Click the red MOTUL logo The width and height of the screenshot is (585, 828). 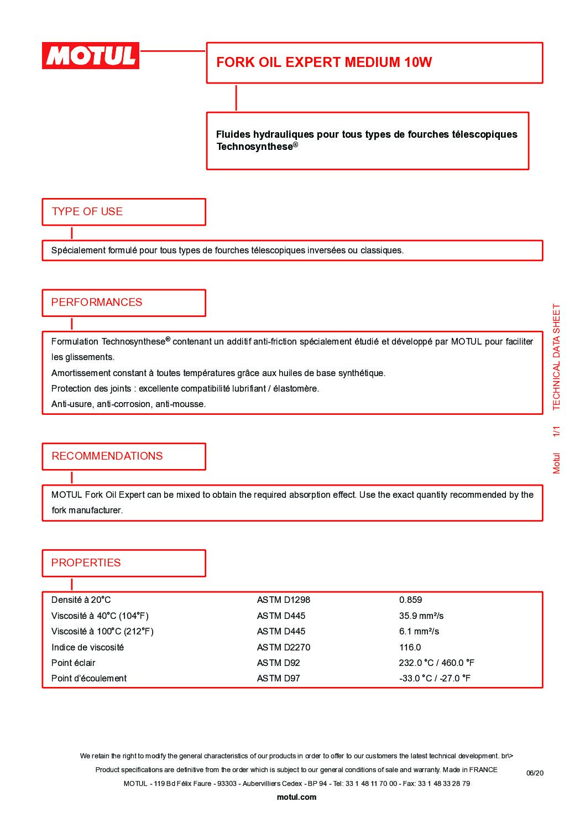(91, 56)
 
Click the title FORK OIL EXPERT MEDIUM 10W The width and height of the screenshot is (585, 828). (323, 62)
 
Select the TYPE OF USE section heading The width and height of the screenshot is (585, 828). (87, 211)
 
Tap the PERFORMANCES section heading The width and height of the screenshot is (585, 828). (97, 302)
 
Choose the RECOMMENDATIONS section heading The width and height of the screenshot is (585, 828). (107, 456)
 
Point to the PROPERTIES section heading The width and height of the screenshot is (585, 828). (86, 563)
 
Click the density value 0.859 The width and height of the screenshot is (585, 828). (410, 600)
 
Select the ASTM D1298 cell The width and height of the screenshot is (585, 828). (284, 600)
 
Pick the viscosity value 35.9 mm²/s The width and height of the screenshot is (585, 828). (421, 616)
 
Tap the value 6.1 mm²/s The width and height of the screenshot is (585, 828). (419, 631)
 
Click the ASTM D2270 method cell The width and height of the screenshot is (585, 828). (284, 647)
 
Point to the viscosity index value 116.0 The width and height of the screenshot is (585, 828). (410, 647)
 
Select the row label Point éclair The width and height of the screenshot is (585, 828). (74, 663)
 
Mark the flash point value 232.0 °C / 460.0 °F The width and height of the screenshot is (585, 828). (436, 663)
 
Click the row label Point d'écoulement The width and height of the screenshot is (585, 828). (89, 678)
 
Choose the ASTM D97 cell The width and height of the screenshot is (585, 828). (278, 678)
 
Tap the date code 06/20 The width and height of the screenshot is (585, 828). (535, 773)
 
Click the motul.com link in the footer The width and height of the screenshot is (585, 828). (296, 797)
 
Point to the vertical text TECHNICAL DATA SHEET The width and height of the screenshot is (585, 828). (556, 357)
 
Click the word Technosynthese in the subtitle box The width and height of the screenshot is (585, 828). (254, 147)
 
